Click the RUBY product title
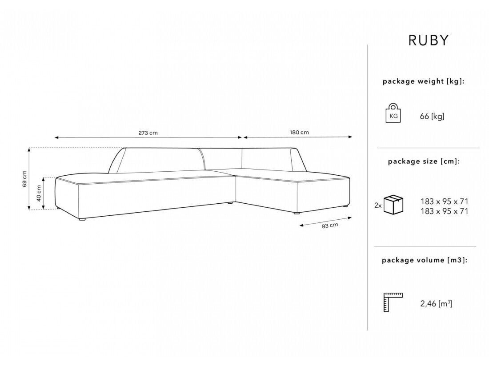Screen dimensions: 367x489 click(428, 40)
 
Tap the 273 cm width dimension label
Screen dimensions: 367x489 click(148, 133)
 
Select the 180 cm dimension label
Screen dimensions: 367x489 click(299, 133)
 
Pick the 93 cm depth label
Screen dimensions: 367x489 click(329, 226)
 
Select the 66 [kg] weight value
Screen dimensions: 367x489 click(432, 117)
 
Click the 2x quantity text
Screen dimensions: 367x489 click(378, 206)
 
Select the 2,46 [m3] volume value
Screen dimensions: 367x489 click(437, 304)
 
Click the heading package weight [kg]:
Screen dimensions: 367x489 click(424, 81)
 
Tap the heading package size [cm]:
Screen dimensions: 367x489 click(424, 161)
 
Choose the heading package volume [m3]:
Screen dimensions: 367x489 click(425, 260)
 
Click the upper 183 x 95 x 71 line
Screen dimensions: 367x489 click(444, 202)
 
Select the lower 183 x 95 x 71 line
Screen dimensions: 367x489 click(444, 211)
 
